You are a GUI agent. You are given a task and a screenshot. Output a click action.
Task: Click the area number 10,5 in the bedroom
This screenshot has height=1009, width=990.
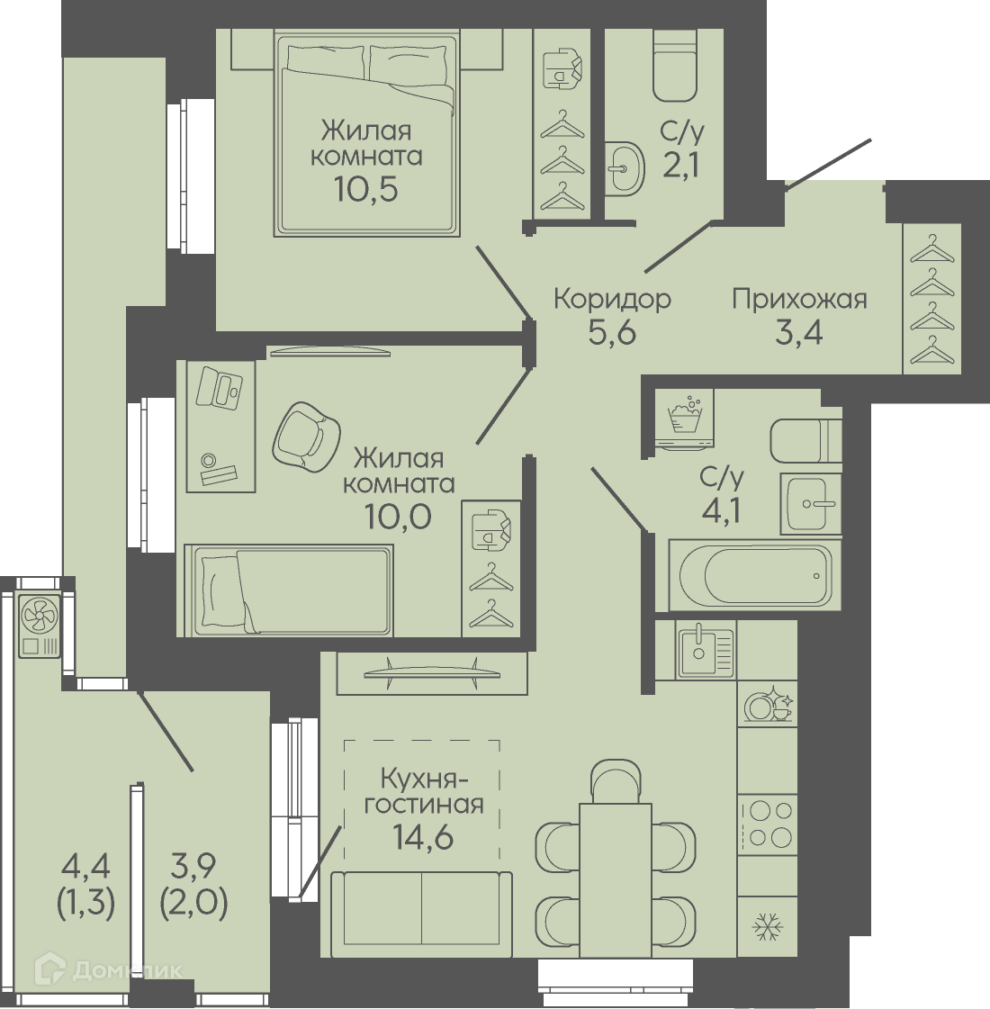(365, 189)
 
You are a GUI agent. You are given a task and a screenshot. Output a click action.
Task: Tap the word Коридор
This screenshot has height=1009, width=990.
(612, 300)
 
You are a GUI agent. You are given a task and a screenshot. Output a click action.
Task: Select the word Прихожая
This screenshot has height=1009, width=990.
(799, 300)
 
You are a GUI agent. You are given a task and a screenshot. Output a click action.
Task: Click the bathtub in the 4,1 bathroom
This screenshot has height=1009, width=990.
(754, 574)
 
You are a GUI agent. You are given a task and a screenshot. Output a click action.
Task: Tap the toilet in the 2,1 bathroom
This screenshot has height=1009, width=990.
(675, 67)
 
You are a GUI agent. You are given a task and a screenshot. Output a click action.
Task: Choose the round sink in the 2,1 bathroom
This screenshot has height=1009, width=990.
(625, 168)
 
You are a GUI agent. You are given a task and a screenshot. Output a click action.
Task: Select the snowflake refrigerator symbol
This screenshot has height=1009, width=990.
(768, 927)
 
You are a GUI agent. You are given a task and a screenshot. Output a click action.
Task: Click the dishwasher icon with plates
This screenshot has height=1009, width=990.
(768, 706)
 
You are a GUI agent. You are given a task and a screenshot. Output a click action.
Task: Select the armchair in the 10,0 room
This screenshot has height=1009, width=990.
(306, 437)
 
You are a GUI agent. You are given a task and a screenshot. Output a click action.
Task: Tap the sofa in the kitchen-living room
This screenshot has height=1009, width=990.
(421, 914)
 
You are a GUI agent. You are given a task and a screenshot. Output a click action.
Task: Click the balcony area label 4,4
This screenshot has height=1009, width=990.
(85, 867)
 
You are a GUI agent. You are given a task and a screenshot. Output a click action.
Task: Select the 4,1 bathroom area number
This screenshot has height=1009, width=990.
(721, 512)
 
